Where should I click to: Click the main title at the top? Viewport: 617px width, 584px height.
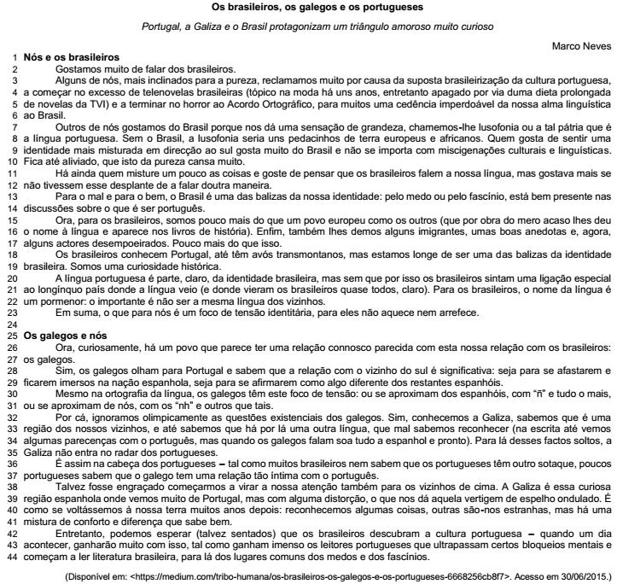pos(308,8)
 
